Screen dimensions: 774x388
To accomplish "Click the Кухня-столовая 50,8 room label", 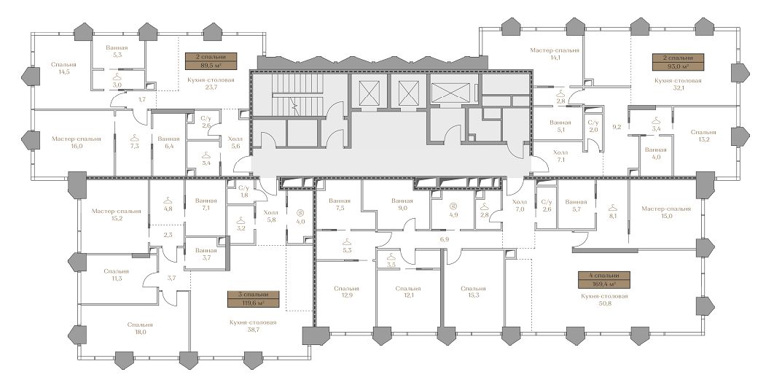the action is (x=604, y=300).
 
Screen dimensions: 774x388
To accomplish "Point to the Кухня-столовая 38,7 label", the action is (x=253, y=326).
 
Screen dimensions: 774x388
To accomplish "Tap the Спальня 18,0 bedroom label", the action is (x=140, y=328).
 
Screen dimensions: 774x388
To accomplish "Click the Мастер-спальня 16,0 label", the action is (x=76, y=142).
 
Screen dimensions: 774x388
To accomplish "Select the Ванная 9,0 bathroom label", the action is (x=402, y=205).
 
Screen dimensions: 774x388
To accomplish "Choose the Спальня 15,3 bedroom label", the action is (x=473, y=292).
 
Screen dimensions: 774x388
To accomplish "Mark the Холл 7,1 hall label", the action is (x=560, y=156).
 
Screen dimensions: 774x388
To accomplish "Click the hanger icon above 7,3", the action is (x=134, y=139).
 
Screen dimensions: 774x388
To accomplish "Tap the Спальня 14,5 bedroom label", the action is (x=63, y=68).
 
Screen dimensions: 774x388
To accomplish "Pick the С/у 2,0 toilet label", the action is (x=593, y=126).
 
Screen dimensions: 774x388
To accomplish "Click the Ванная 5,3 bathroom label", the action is (x=117, y=51).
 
